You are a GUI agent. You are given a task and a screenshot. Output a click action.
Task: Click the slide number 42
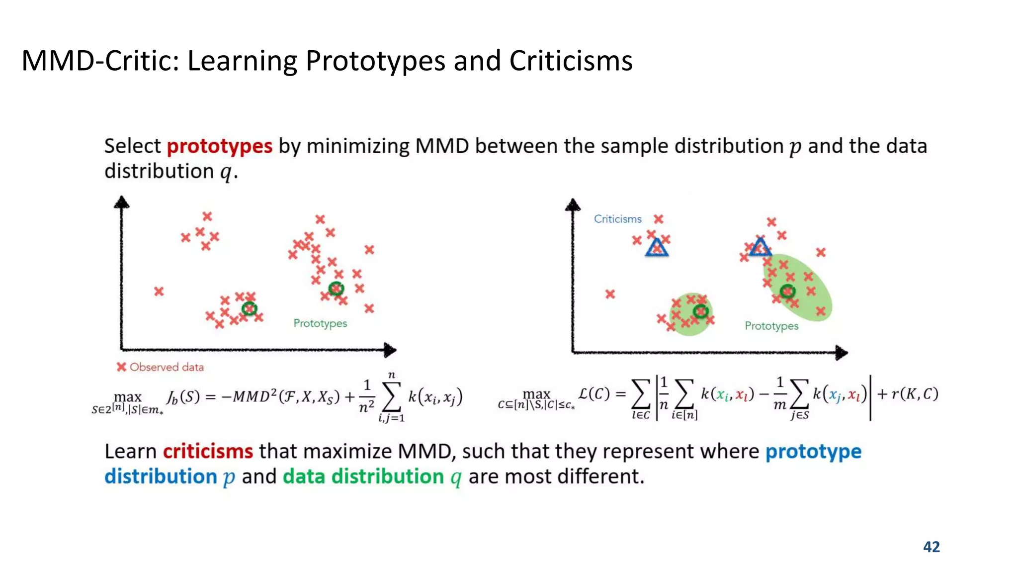pyautogui.click(x=931, y=547)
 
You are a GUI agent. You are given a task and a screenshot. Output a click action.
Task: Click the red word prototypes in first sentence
pyautogui.click(x=219, y=146)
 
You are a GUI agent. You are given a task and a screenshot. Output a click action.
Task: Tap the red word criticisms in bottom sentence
pyautogui.click(x=208, y=452)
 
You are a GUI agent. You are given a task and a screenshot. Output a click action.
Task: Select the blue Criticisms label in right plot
pyautogui.click(x=617, y=219)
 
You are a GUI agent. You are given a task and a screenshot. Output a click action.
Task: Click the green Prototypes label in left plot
pyautogui.click(x=320, y=323)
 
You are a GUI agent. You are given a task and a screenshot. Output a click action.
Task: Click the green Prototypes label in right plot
pyautogui.click(x=771, y=326)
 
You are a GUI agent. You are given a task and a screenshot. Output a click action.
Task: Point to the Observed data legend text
pyautogui.click(x=167, y=367)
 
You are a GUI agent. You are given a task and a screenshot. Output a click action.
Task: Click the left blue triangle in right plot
pyautogui.click(x=657, y=247)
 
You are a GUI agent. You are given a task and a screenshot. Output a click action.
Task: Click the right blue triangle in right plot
pyautogui.click(x=760, y=247)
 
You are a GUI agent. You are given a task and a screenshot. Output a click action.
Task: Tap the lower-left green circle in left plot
pyautogui.click(x=249, y=309)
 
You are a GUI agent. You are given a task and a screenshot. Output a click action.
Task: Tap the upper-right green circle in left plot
pyautogui.click(x=336, y=288)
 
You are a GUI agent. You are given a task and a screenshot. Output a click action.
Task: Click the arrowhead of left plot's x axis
pyautogui.click(x=391, y=350)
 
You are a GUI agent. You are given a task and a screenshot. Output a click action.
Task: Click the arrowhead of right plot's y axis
pyautogui.click(x=573, y=205)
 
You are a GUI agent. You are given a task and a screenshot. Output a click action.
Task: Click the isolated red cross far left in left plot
pyautogui.click(x=159, y=291)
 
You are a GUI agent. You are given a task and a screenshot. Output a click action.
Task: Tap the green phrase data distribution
pyautogui.click(x=363, y=477)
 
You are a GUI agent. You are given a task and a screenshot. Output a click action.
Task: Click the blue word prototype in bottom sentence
pyautogui.click(x=813, y=452)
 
